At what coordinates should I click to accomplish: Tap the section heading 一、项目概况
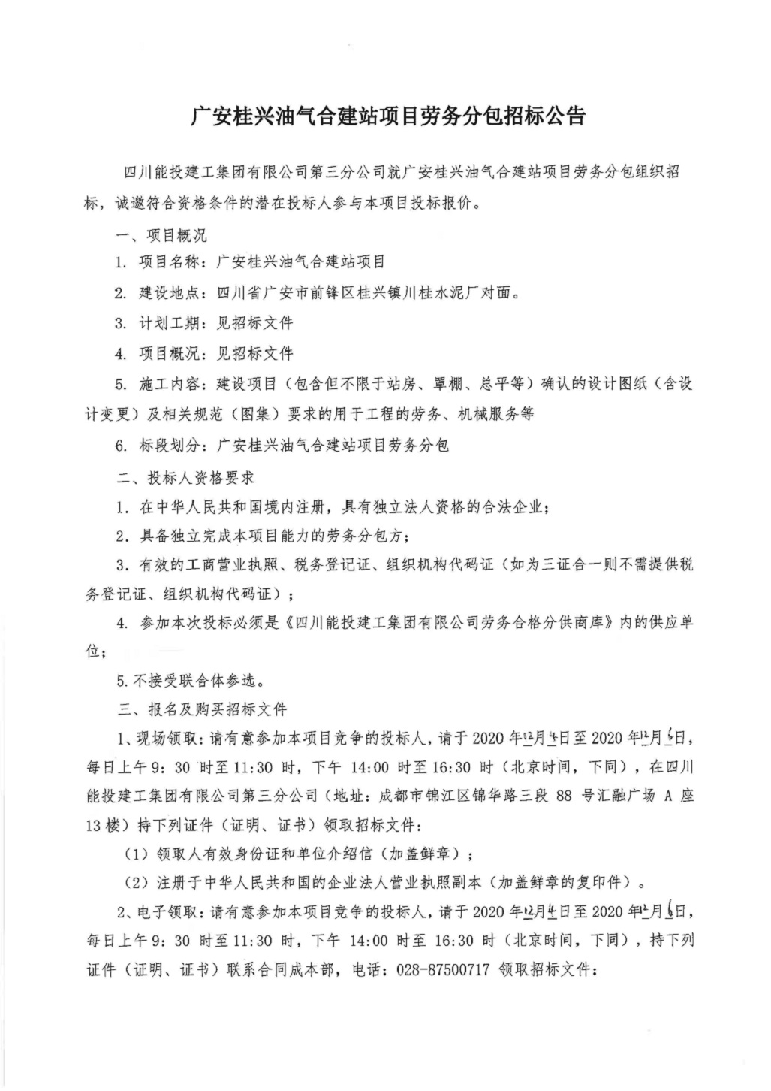(161, 235)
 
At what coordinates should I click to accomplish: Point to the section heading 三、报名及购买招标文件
(201, 709)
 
